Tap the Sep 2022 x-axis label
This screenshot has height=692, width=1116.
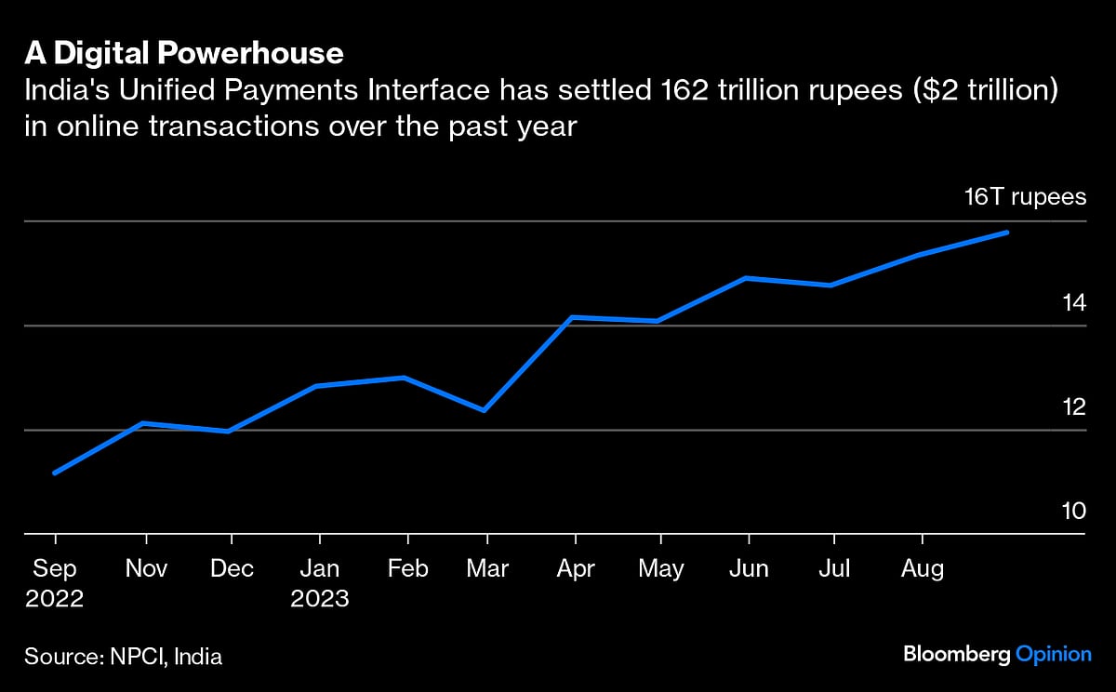[55, 582]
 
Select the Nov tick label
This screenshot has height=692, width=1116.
[146, 568]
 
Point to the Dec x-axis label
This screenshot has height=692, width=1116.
[231, 568]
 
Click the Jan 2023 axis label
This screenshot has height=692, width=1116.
[319, 582]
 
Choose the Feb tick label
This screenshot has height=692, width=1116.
[407, 568]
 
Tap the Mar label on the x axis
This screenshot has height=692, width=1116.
[487, 568]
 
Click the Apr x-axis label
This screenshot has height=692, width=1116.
[576, 568]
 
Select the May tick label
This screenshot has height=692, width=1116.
[660, 568]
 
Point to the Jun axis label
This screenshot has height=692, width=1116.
[749, 568]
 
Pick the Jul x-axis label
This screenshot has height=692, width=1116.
[834, 568]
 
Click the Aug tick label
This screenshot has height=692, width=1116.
[922, 568]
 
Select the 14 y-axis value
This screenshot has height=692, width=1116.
[1073, 301]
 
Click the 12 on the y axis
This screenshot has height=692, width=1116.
[1073, 406]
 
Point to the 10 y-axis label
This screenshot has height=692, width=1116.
[1073, 511]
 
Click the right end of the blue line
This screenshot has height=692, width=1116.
[1007, 232]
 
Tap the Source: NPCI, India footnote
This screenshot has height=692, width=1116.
[124, 657]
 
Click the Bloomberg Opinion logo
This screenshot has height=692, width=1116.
[997, 655]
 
